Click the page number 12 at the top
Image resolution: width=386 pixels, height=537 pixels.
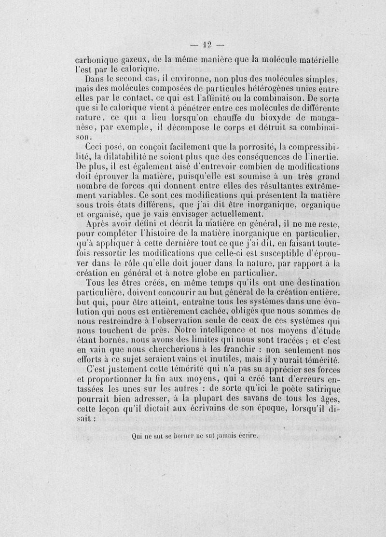tap(207, 45)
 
